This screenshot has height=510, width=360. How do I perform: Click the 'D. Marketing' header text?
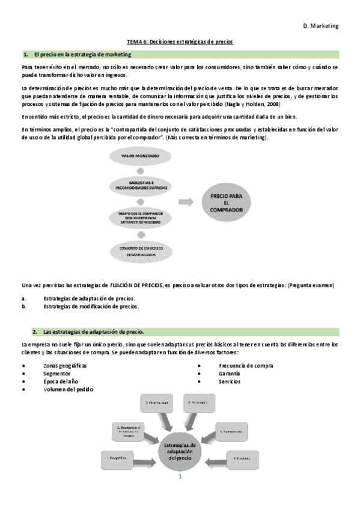(321, 26)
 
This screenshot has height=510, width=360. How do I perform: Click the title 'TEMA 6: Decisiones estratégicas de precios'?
(180, 41)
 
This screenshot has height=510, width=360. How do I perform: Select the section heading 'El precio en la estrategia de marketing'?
(78, 54)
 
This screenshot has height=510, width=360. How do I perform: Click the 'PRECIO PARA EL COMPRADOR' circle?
(226, 203)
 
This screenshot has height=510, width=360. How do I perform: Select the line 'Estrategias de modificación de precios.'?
(91, 306)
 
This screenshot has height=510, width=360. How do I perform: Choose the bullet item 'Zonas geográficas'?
(65, 366)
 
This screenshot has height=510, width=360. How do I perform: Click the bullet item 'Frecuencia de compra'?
(246, 366)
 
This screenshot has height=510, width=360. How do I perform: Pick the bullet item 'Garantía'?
(229, 373)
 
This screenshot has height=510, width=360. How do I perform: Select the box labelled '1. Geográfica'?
(117, 458)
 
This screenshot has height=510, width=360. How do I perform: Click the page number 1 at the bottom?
(180, 478)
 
